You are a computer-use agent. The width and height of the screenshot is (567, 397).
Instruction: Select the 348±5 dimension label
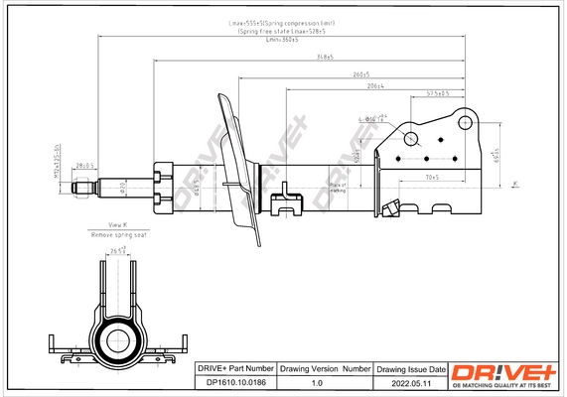tap(319, 59)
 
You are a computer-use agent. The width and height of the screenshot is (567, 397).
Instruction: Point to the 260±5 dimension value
tap(360, 74)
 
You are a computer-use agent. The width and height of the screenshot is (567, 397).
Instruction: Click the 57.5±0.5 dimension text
tap(438, 93)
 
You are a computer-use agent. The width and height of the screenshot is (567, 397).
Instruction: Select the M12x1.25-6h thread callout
tap(58, 165)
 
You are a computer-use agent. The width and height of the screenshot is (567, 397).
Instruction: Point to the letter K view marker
tap(515, 184)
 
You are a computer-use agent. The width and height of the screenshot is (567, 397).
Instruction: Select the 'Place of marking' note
tap(338, 187)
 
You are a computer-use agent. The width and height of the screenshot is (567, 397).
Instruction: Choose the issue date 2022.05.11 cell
tap(411, 382)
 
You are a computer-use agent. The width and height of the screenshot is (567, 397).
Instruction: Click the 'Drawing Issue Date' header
tap(411, 368)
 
